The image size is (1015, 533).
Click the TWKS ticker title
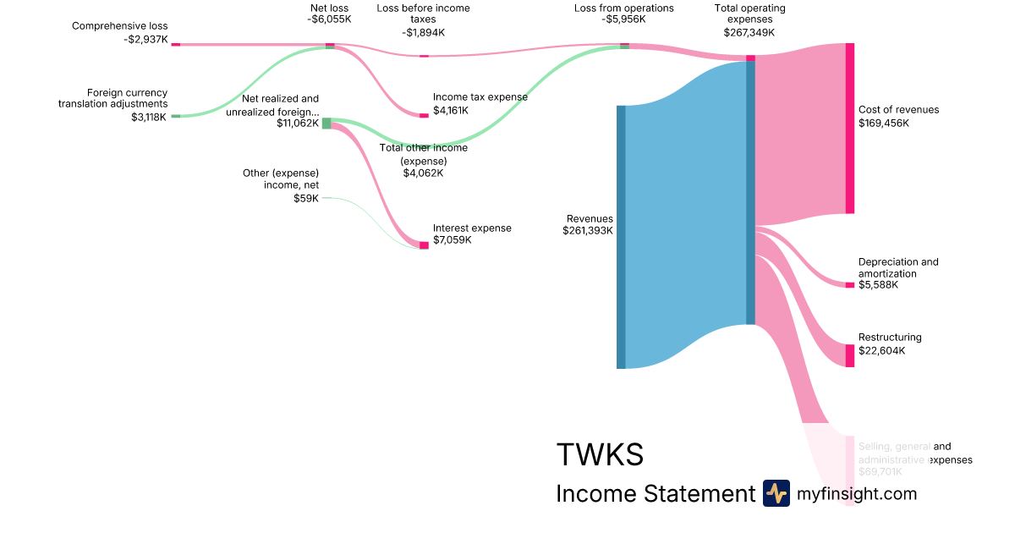tap(600, 455)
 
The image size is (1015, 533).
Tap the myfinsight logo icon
tap(776, 493)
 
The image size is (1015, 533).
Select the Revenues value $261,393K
tap(588, 231)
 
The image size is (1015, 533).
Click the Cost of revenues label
tap(898, 110)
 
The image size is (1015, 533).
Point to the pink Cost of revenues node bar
tap(850, 128)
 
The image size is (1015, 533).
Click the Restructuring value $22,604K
tap(881, 351)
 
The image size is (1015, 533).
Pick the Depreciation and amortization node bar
tap(850, 285)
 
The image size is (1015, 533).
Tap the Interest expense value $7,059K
tap(452, 240)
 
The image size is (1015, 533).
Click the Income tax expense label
tap(480, 97)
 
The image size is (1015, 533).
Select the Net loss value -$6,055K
tap(329, 19)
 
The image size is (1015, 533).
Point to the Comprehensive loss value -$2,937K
tap(146, 39)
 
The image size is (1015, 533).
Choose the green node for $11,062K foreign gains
tap(326, 124)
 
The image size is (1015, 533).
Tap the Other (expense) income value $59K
tap(306, 199)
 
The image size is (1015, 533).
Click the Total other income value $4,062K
tap(423, 173)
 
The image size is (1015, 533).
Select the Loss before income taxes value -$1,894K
tap(423, 32)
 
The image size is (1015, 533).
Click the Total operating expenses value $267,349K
tap(749, 32)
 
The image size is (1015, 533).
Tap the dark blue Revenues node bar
tap(621, 237)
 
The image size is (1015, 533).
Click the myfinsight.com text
tap(857, 493)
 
